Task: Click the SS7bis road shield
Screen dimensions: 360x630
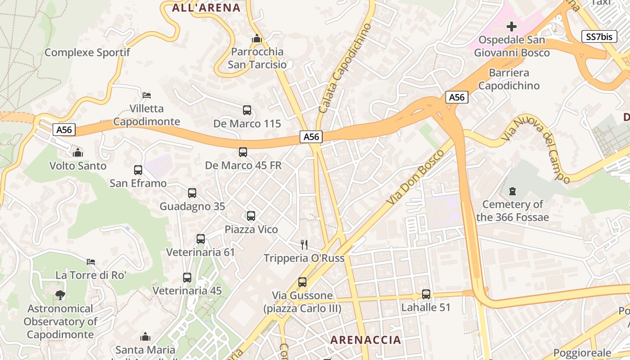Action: [x=599, y=36]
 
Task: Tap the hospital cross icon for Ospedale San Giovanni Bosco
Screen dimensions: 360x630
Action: [x=512, y=27]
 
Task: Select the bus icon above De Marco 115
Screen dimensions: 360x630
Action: [x=247, y=110]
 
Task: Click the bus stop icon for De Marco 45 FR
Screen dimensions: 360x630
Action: [x=243, y=152]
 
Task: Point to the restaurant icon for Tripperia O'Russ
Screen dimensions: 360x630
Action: [x=304, y=245]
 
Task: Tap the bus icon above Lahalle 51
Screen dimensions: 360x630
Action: [x=426, y=294]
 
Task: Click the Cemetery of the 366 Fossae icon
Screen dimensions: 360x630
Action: [x=512, y=191]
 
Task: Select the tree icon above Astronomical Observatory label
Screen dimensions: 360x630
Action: [x=60, y=295]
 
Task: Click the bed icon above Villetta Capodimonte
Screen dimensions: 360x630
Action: [x=147, y=95]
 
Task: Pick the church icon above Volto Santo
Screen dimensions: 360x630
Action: [x=78, y=153]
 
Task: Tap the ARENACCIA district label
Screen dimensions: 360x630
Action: [x=365, y=340]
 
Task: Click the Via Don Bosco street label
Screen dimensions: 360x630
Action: [x=415, y=178]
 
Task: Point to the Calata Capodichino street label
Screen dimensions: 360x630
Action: [x=345, y=68]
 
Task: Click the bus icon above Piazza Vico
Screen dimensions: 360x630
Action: [x=251, y=216]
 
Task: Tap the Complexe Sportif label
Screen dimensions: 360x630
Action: [x=87, y=52]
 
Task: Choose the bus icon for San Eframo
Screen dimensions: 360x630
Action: [x=138, y=170]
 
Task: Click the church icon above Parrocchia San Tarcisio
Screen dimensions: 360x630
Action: [x=257, y=39]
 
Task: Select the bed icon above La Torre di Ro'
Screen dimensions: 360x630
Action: [x=91, y=261]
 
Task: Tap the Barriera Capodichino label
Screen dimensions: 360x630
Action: [x=508, y=79]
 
